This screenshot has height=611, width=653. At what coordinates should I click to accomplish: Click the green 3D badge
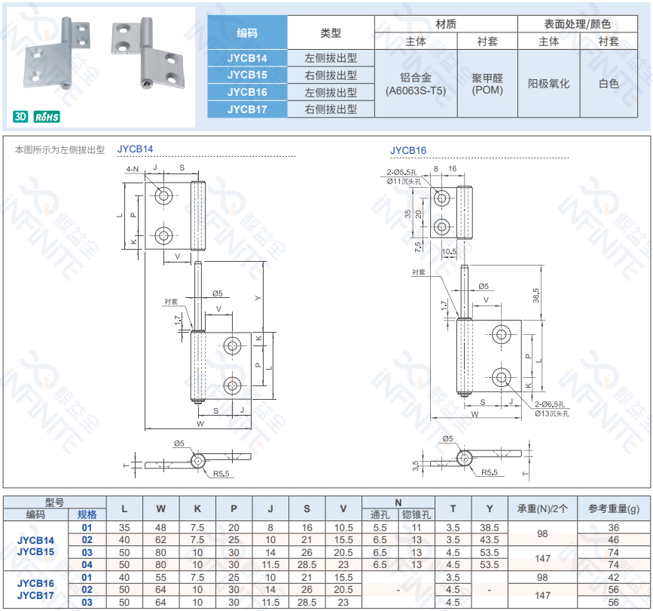[x=20, y=117]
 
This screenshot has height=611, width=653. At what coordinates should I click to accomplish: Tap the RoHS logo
[x=47, y=117]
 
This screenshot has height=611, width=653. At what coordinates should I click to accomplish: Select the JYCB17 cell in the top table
[x=247, y=109]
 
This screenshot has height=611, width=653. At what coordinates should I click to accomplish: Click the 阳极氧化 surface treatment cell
[x=548, y=84]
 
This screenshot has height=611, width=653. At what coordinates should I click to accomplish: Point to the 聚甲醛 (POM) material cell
[x=487, y=84]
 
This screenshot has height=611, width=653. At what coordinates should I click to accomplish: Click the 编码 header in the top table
[x=247, y=32]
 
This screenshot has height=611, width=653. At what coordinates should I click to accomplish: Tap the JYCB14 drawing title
[x=136, y=149]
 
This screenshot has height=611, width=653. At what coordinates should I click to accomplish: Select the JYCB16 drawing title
[x=408, y=150]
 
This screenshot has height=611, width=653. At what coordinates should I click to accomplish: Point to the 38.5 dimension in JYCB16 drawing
[x=536, y=294]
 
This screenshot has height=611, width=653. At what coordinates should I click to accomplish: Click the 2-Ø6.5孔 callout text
[x=551, y=405]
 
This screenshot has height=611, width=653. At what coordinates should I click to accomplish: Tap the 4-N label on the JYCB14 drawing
[x=133, y=168]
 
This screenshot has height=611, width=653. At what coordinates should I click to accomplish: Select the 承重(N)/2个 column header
[x=542, y=508]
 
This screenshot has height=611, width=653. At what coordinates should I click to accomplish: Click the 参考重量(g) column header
[x=613, y=508]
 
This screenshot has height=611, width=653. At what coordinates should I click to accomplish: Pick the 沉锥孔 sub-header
[x=417, y=515]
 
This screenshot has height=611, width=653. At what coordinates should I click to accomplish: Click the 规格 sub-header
[x=87, y=515]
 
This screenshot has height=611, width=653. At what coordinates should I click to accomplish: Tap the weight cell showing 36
[x=613, y=528]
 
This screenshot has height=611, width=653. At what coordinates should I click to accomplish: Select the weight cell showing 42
[x=613, y=577]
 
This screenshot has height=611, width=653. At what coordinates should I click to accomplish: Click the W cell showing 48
[x=160, y=528]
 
